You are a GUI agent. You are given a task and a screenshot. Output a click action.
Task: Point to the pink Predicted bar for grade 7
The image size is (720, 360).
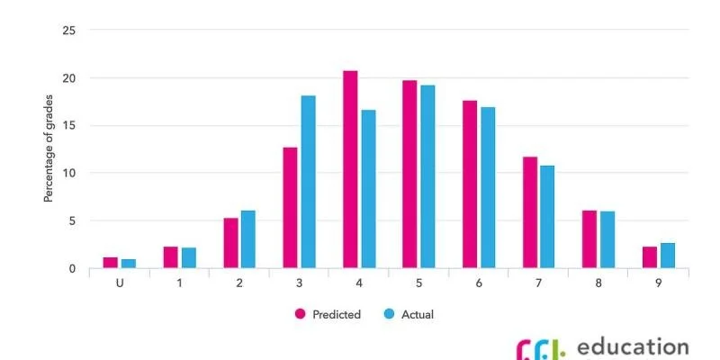click(529, 212)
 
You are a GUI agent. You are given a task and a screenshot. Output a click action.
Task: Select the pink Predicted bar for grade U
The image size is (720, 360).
click(111, 263)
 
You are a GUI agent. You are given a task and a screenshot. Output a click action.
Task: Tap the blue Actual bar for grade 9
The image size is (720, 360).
click(667, 256)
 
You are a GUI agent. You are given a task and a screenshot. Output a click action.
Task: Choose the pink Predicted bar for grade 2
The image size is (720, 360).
click(230, 243)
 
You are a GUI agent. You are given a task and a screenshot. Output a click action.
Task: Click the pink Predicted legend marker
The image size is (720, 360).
click(301, 314)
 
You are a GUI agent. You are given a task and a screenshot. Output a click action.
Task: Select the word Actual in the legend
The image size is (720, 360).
click(418, 314)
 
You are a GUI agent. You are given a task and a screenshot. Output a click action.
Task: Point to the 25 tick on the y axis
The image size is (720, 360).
click(69, 31)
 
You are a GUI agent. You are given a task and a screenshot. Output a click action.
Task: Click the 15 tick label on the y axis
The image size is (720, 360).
click(69, 126)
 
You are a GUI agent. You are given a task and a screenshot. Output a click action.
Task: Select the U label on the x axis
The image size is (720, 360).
click(119, 282)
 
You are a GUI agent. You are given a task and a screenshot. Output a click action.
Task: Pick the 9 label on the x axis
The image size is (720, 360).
click(659, 282)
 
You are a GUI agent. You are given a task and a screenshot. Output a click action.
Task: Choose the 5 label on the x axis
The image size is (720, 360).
click(418, 282)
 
